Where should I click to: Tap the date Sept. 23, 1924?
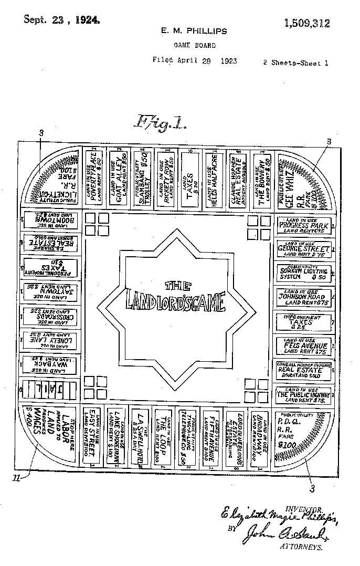click(62, 20)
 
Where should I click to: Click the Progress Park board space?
click(304, 226)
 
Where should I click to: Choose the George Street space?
click(304, 249)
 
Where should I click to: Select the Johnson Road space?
click(304, 297)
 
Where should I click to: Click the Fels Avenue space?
click(304, 346)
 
